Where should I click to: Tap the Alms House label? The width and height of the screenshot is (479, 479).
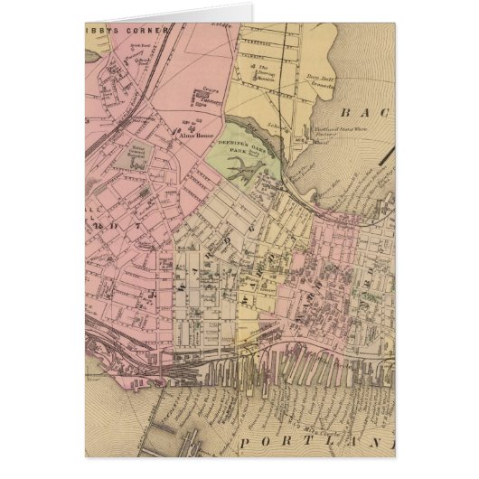point(205,127)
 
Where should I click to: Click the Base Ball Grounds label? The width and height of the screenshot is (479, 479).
point(324,82)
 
